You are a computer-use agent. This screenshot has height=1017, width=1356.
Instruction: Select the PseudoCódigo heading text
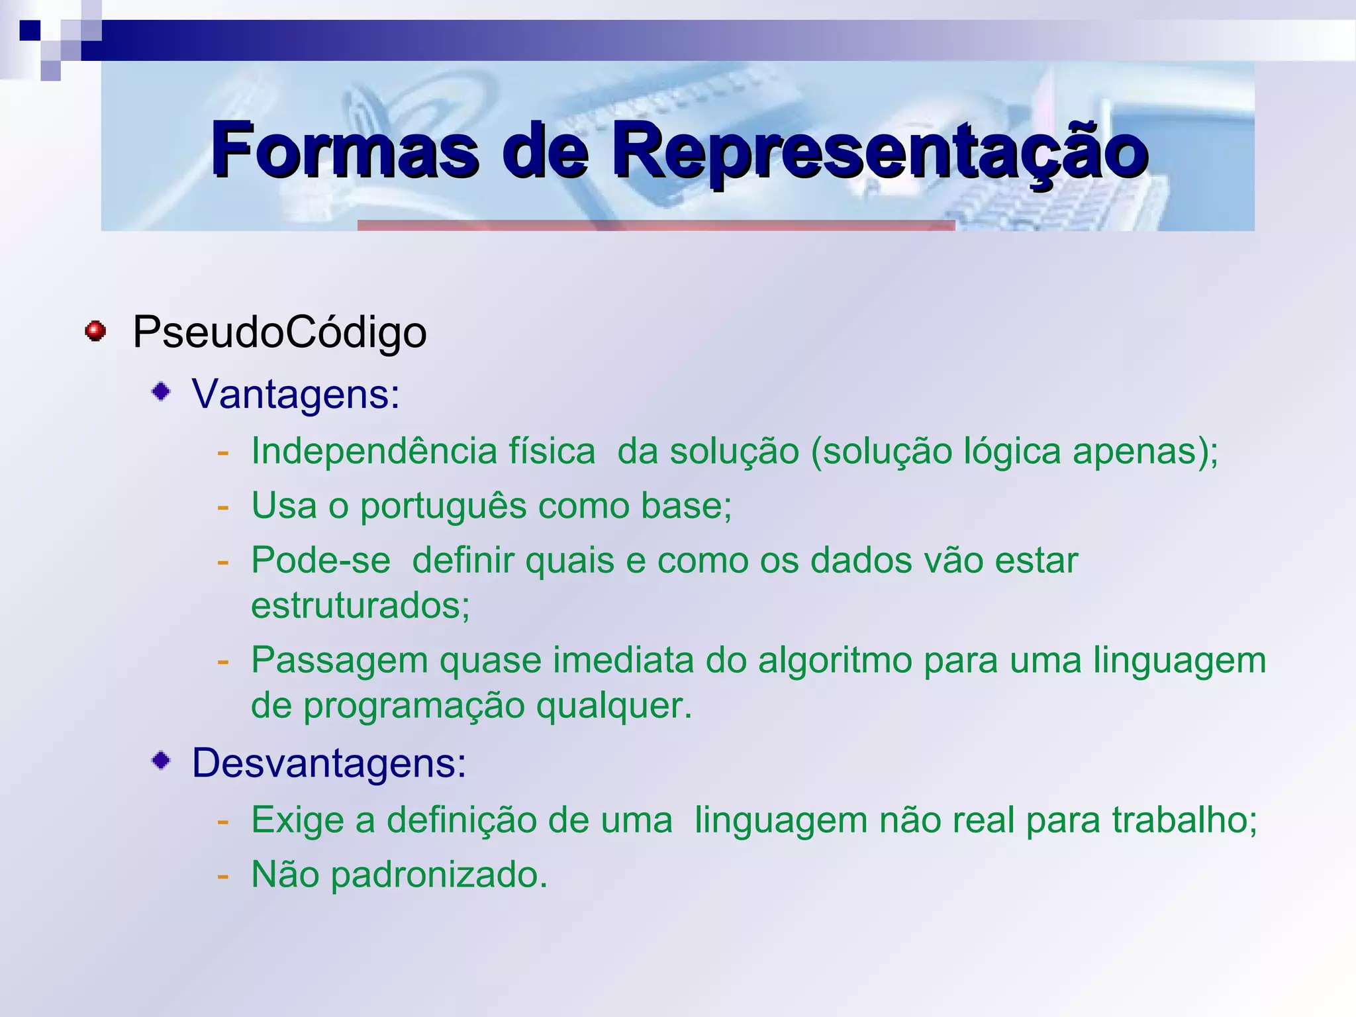pyautogui.click(x=279, y=332)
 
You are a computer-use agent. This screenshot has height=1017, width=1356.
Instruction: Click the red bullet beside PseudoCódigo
pyautogui.click(x=95, y=330)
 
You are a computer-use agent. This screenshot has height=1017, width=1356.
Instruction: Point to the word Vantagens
pyautogui.click(x=295, y=394)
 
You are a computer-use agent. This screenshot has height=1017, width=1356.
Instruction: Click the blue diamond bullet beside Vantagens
pyautogui.click(x=161, y=391)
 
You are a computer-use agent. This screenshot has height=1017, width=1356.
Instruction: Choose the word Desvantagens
pyautogui.click(x=329, y=763)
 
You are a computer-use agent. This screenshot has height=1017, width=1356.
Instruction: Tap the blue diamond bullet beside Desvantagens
pyautogui.click(x=161, y=760)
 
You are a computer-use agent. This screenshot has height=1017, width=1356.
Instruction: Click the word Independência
pyautogui.click(x=374, y=451)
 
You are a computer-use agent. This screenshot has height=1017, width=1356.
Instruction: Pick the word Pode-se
pyautogui.click(x=320, y=560)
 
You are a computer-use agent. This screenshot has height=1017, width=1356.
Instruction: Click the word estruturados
pyautogui.click(x=360, y=605)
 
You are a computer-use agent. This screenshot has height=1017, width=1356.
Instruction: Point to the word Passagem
pyautogui.click(x=340, y=661)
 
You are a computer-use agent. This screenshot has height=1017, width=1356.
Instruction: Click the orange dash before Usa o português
pyautogui.click(x=223, y=507)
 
